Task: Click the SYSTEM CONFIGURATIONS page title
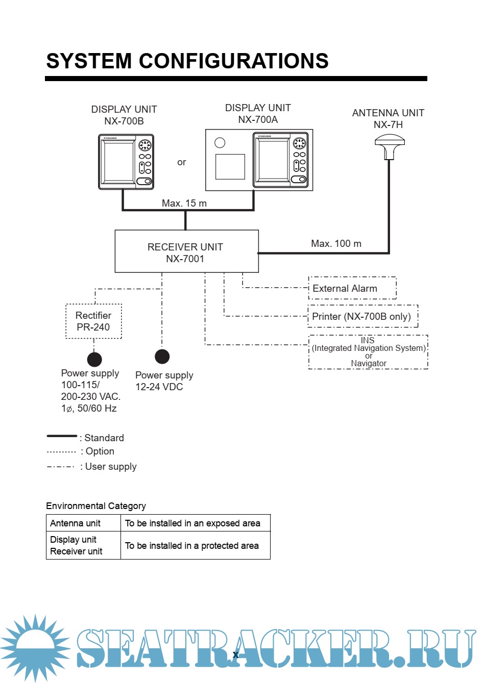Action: [x=187, y=61]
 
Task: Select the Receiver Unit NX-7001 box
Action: [x=186, y=251]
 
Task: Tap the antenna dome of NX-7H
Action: [x=389, y=142]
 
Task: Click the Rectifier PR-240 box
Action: [x=93, y=321]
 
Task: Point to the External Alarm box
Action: [x=352, y=288]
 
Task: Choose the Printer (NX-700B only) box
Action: [x=362, y=316]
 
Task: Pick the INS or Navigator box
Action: [x=368, y=352]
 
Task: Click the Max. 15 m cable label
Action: [x=184, y=203]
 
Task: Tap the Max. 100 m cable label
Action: [x=336, y=244]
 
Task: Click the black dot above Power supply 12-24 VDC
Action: [x=162, y=357]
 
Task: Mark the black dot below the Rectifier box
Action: [x=94, y=360]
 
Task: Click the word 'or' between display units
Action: [x=181, y=162]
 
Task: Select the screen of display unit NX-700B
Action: [x=119, y=161]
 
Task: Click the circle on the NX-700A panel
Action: [x=220, y=143]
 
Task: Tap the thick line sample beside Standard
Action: [x=62, y=436]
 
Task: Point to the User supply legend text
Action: [x=111, y=466]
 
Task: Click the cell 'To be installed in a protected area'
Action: [x=192, y=546]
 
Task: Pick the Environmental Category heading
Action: [x=96, y=506]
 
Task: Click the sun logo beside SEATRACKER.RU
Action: [x=35, y=647]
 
